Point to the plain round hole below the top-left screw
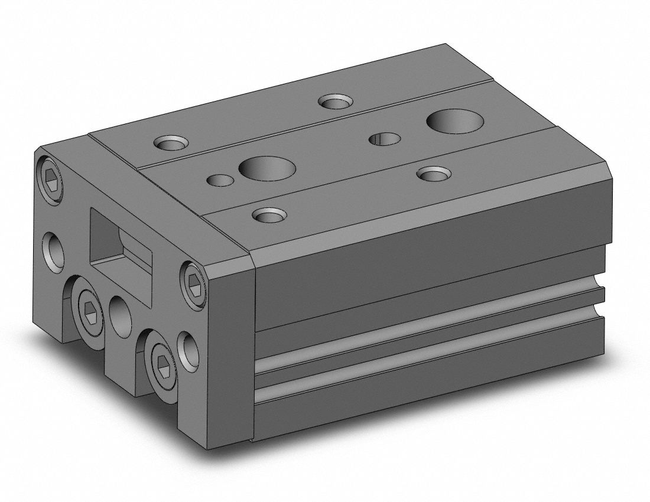click(x=52, y=249)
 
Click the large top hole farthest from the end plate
click(x=455, y=120)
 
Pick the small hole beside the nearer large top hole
click(x=220, y=180)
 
